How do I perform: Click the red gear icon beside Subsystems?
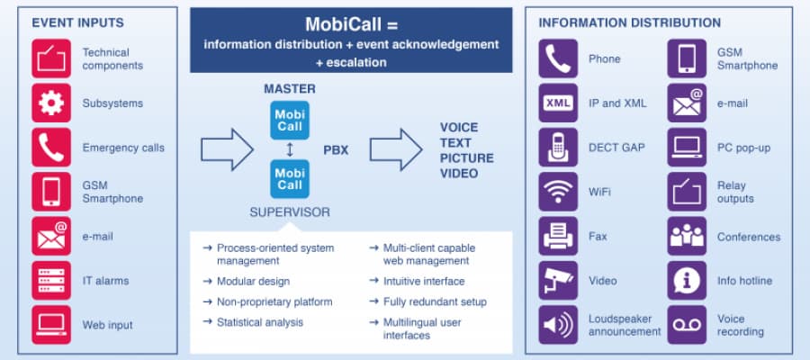tap(51, 103)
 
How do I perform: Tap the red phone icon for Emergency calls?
tap(51, 147)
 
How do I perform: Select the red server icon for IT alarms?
tap(51, 280)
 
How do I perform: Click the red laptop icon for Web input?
tap(51, 324)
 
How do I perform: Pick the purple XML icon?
tap(558, 103)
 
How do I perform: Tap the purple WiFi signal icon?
tap(558, 191)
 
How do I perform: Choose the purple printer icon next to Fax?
tap(558, 236)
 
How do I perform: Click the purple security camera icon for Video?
tap(558, 280)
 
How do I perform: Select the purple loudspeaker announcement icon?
tap(558, 324)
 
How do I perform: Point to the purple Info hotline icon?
tap(687, 280)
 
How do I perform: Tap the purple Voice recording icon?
tap(687, 324)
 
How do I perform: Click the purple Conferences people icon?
tap(687, 236)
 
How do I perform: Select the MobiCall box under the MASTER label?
tap(290, 120)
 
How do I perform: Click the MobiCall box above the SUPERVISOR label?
tap(290, 178)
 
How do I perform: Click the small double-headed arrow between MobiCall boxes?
tap(290, 148)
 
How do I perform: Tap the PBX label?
tap(336, 149)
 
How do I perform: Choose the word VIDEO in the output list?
tap(459, 173)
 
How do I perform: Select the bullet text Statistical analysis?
tap(259, 322)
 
